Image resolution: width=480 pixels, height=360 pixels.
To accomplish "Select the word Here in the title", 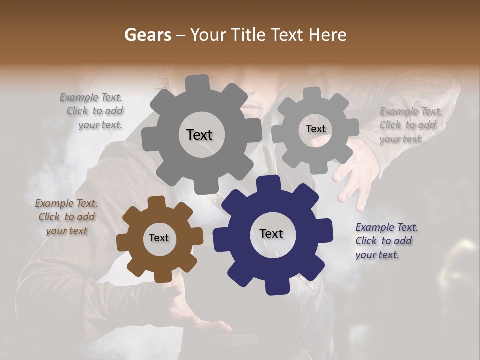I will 328,35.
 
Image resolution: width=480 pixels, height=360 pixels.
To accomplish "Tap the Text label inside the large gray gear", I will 199,135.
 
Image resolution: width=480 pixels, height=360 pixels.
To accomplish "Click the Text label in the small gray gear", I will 315,129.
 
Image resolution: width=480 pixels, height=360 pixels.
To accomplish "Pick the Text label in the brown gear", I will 159,238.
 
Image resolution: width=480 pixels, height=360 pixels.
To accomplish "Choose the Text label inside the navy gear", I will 271,233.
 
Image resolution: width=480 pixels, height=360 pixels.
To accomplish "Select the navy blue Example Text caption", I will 386,241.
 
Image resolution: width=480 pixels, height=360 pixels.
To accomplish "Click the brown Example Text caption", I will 66,217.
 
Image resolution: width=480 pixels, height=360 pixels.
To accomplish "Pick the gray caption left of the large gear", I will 93,111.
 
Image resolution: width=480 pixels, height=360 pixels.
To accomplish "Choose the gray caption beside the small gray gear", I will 410,125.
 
